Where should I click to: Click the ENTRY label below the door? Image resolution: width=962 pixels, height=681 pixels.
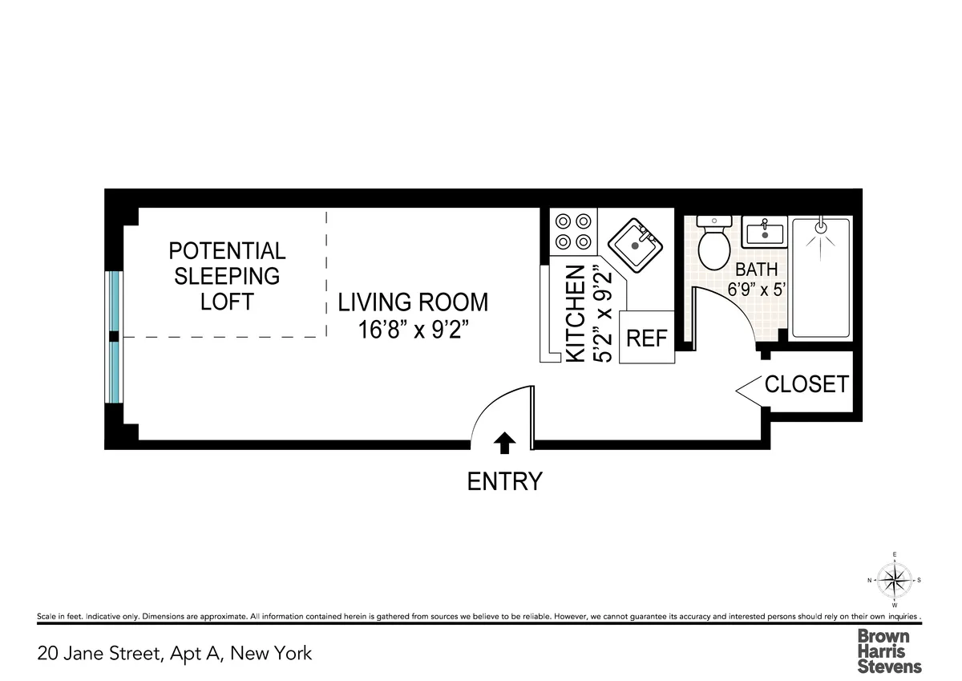tap(505, 481)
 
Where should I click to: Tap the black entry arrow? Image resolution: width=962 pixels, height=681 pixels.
tap(506, 442)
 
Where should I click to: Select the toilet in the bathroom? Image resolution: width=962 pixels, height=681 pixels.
tap(712, 244)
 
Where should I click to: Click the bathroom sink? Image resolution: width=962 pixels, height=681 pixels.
tap(764, 233)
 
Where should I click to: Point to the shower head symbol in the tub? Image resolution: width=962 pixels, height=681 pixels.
tap(819, 227)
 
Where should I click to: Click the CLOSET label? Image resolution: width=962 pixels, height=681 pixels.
tap(806, 385)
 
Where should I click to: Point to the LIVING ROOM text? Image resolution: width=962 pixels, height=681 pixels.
tap(413, 302)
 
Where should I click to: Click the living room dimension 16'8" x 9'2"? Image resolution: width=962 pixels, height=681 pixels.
tap(413, 330)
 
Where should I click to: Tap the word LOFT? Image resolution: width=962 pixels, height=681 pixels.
tap(227, 302)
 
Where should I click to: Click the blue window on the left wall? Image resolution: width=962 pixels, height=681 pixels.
tap(114, 337)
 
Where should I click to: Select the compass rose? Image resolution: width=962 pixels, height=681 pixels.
tap(895, 579)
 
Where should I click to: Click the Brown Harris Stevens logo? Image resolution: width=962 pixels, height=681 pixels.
tap(889, 651)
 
